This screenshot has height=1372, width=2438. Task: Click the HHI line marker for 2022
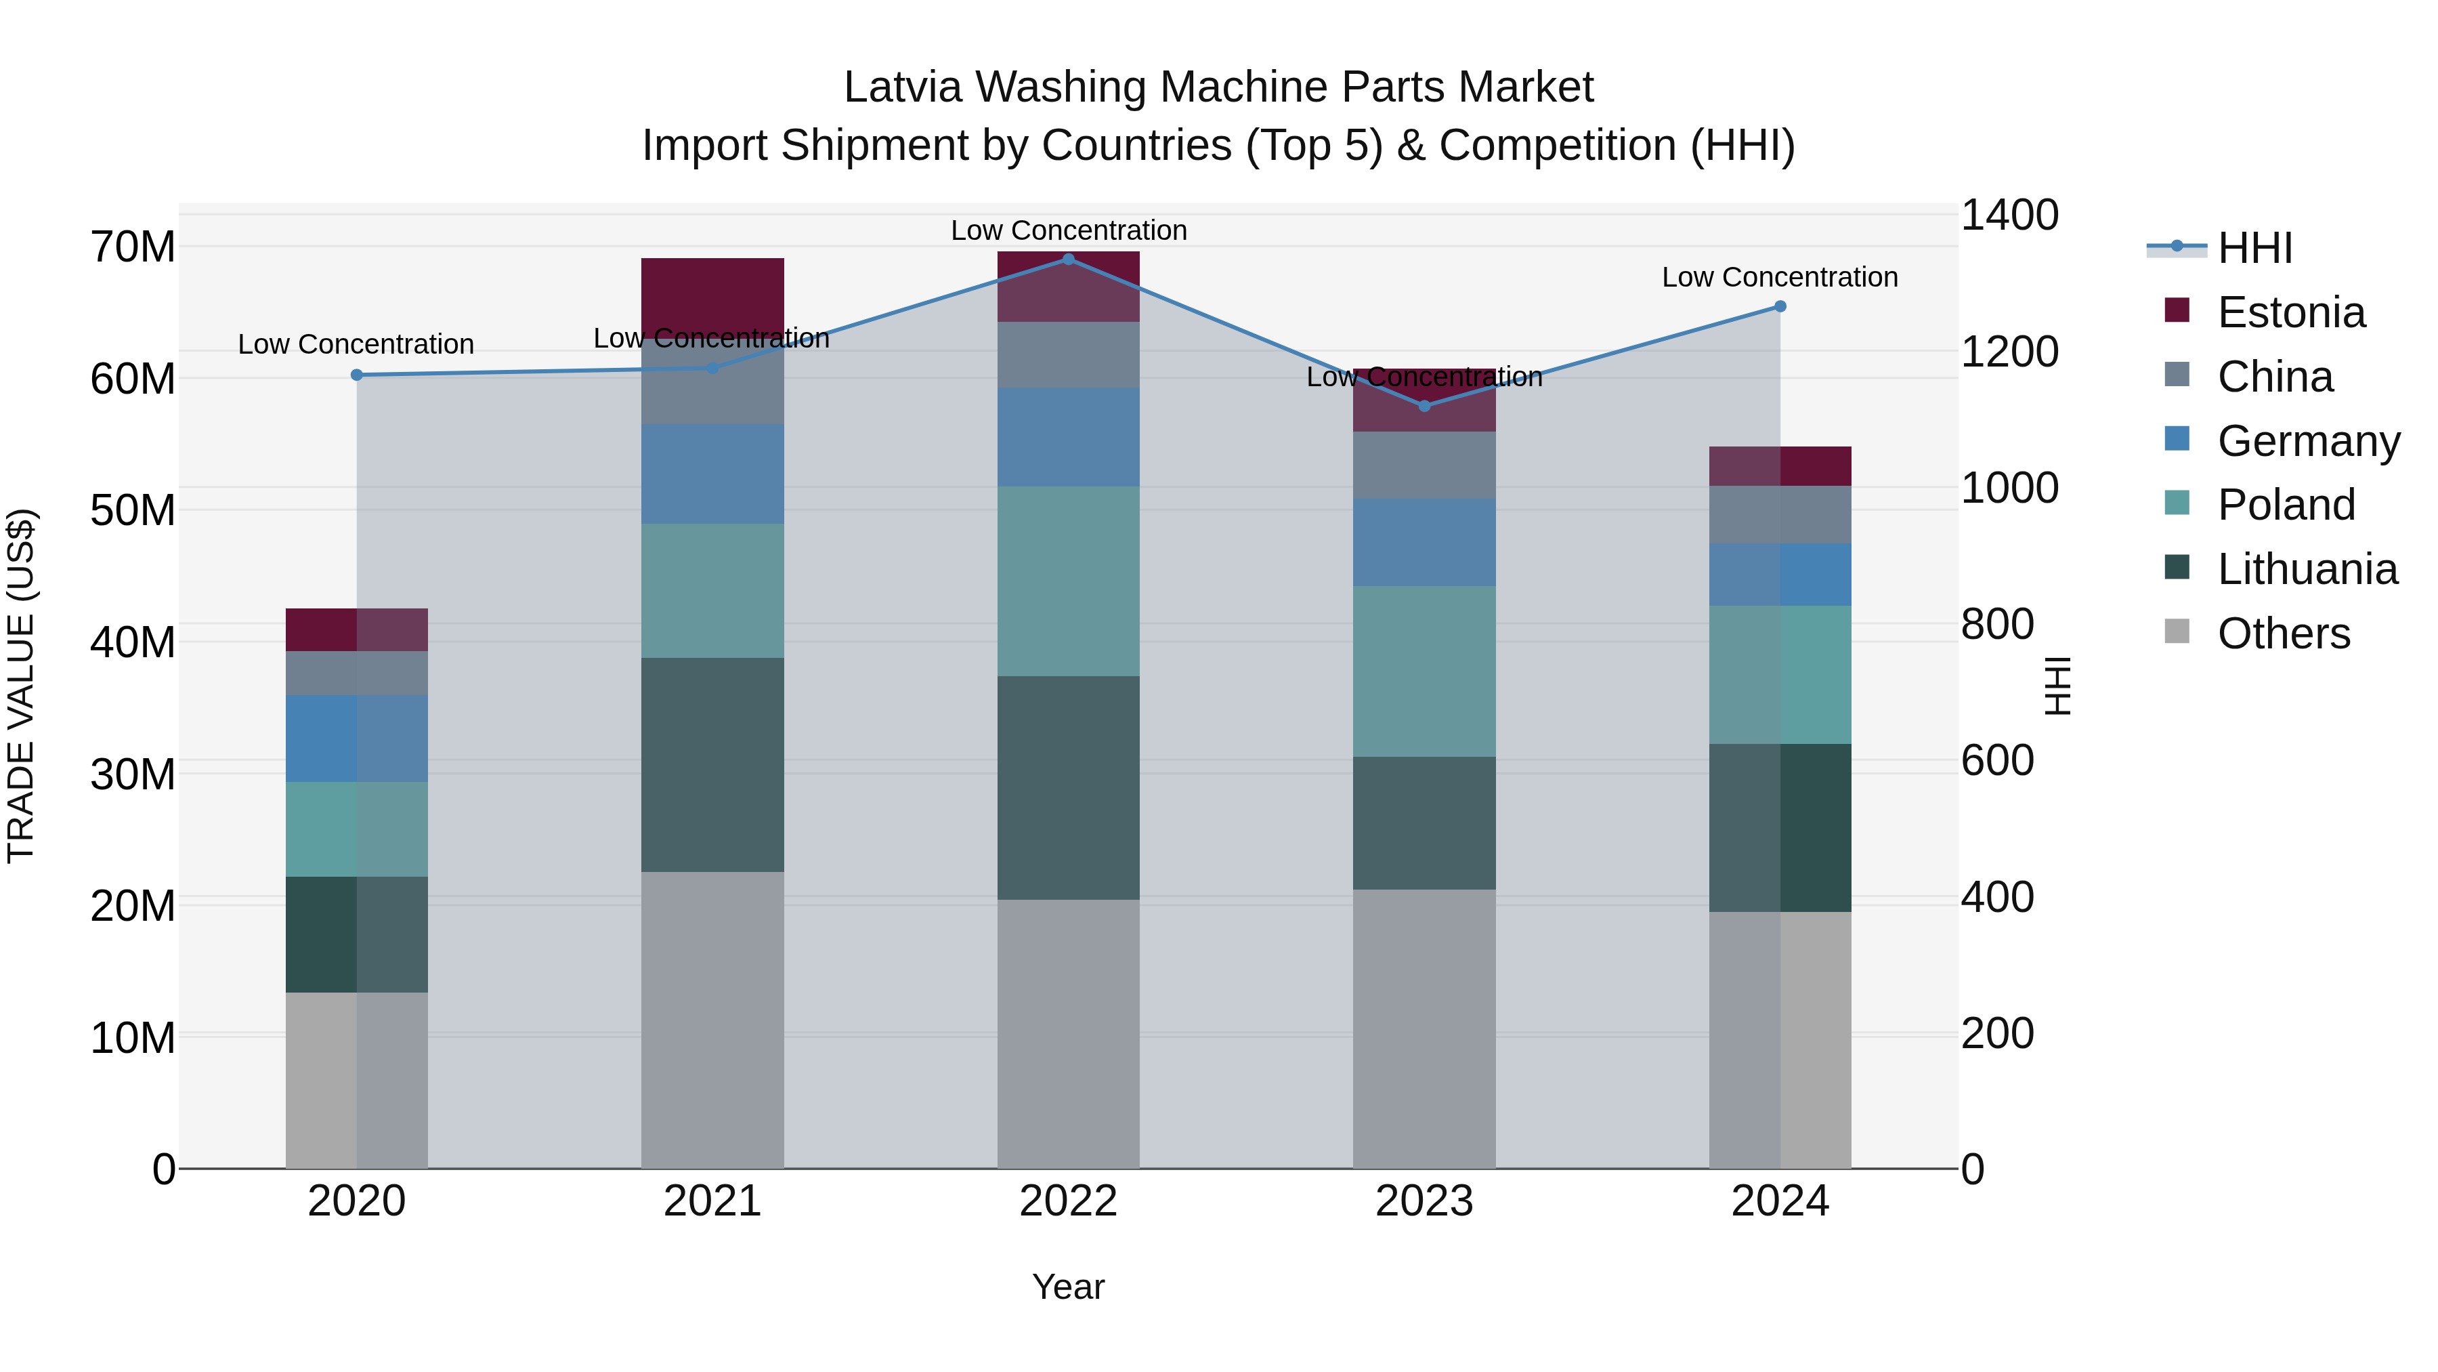pyautogui.click(x=1069, y=259)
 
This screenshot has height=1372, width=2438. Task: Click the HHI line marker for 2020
pyautogui.click(x=357, y=375)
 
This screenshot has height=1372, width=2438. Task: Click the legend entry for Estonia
pyautogui.click(x=2290, y=312)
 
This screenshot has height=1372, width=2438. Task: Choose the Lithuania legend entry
pyautogui.click(x=2307, y=569)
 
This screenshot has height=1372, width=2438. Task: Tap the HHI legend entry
pyautogui.click(x=2254, y=248)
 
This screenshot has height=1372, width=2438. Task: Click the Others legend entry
pyautogui.click(x=2283, y=633)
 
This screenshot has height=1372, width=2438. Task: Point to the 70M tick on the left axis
pyautogui.click(x=133, y=247)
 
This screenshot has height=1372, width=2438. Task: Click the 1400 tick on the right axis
pyautogui.click(x=2009, y=215)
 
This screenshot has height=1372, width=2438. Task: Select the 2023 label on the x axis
pyautogui.click(x=1424, y=1201)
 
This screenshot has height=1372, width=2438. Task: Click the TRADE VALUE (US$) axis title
pyautogui.click(x=21, y=686)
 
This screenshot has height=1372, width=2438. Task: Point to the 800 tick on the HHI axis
pyautogui.click(x=1997, y=624)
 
